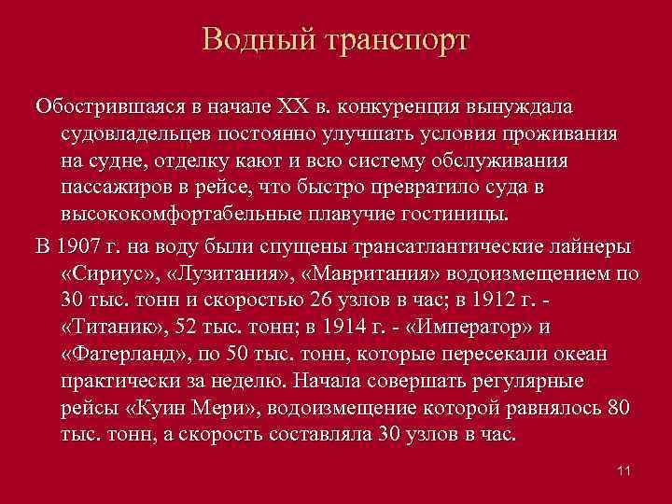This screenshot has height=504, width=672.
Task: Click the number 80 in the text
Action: (618, 409)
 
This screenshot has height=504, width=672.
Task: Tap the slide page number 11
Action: (624, 470)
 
